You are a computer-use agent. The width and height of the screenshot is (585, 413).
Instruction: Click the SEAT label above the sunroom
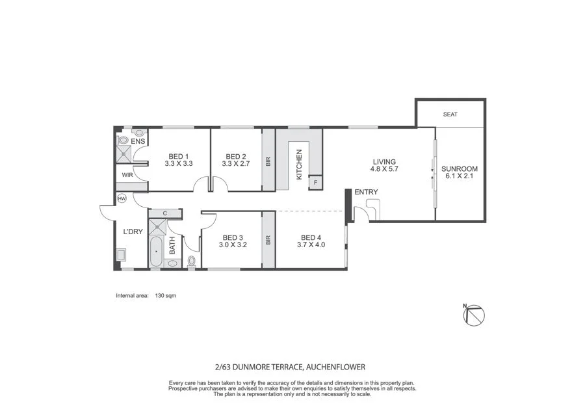(x=450, y=114)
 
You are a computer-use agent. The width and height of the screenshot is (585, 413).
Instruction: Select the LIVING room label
(x=384, y=162)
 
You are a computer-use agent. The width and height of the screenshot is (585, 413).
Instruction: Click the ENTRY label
(x=366, y=192)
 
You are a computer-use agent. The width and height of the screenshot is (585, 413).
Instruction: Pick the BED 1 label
(x=179, y=156)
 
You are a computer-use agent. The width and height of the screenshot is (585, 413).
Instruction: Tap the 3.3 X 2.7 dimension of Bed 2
(x=235, y=165)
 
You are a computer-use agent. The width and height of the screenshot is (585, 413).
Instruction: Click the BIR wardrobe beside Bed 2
(x=268, y=161)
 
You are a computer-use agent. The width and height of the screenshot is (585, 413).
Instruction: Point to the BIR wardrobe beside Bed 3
(x=268, y=239)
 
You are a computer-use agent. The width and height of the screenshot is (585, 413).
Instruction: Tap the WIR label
(x=127, y=175)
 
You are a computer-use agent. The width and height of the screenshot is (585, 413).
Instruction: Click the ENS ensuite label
(x=138, y=141)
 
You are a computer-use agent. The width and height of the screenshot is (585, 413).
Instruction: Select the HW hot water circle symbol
(x=122, y=199)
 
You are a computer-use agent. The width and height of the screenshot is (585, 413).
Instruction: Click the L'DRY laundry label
(x=133, y=231)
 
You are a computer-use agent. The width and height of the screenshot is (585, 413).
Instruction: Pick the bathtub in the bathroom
(x=155, y=252)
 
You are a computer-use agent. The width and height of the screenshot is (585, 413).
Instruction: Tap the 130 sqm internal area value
(x=166, y=295)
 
